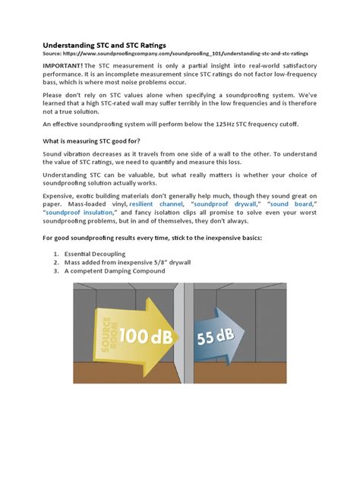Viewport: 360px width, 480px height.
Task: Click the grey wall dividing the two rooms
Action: tap(179, 357)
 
